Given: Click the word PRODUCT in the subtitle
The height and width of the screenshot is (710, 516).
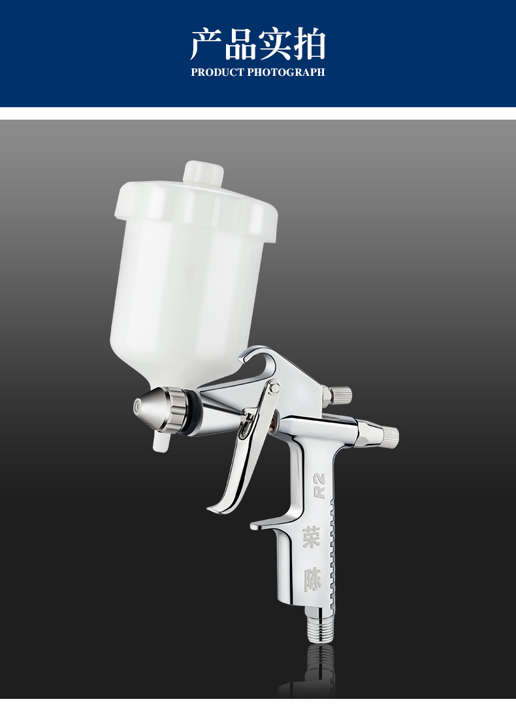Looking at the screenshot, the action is (217, 72).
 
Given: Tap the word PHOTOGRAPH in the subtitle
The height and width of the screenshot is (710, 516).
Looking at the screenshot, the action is (286, 72).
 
